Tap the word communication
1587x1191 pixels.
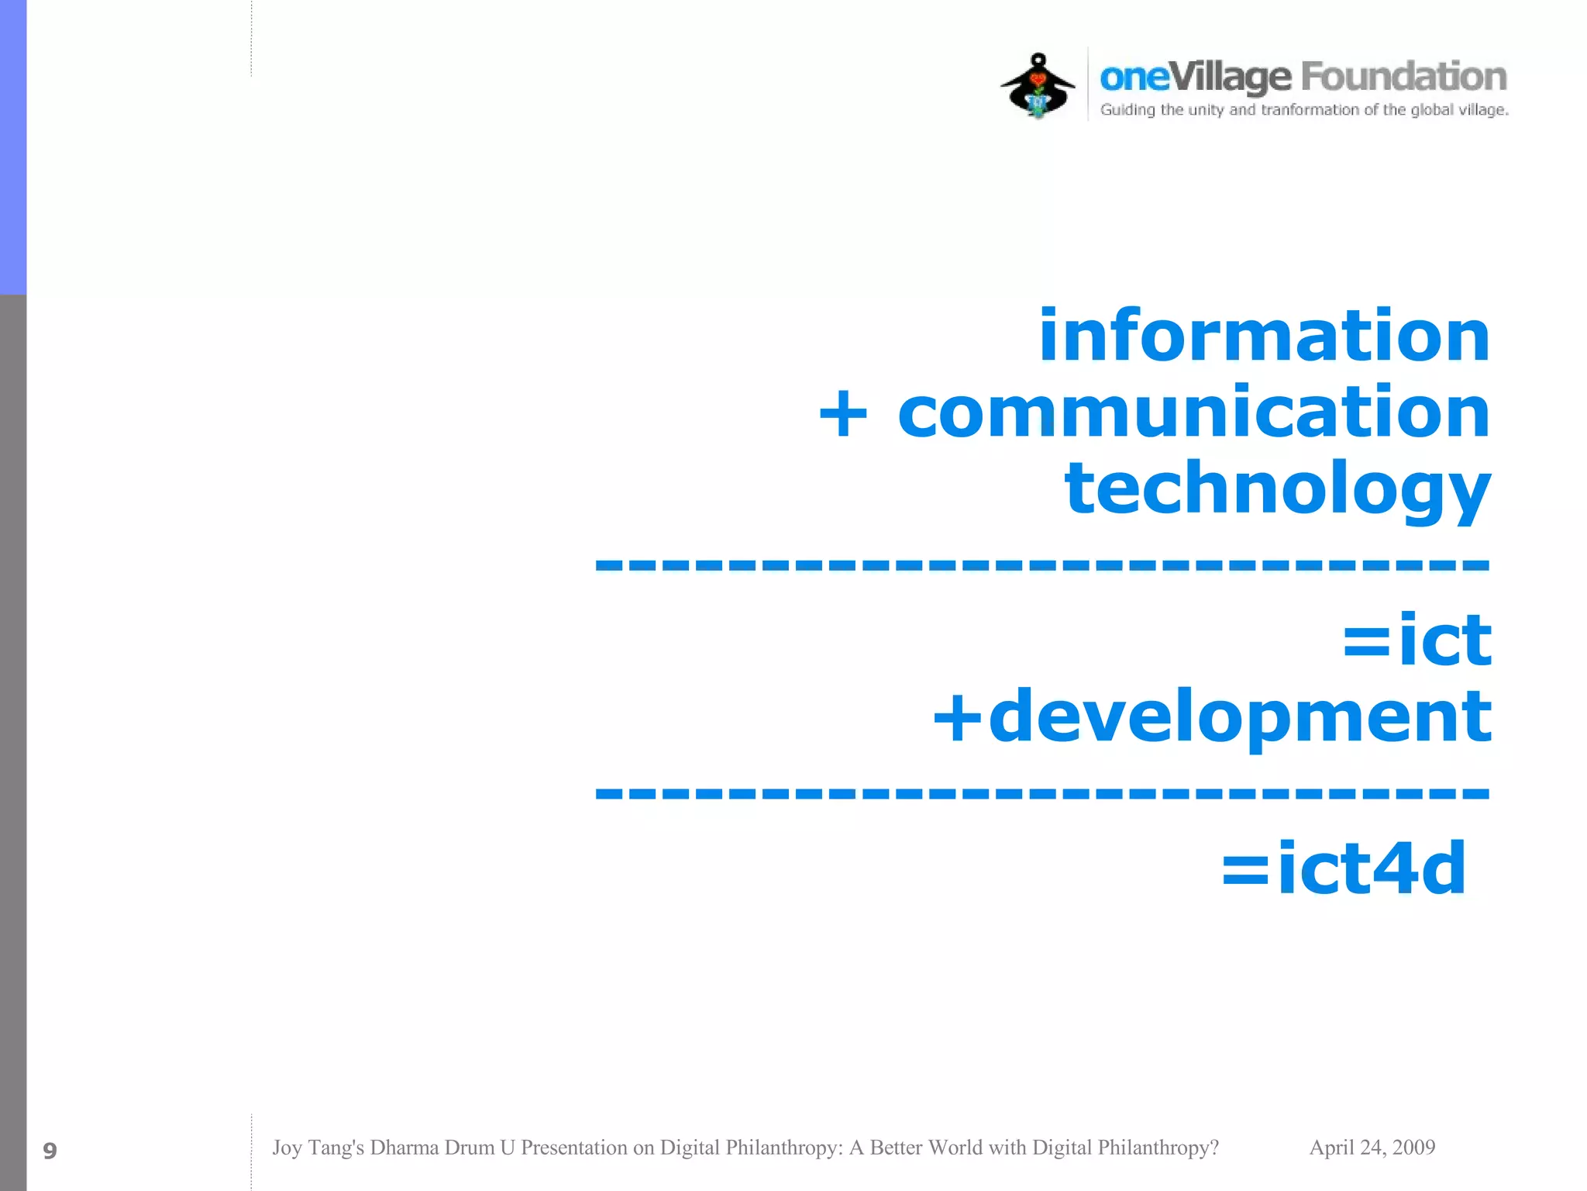[1193, 413]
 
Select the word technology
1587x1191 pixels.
[1277, 488]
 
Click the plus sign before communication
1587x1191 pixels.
[843, 414]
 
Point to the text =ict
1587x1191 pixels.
[1417, 640]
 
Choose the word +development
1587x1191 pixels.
[1212, 716]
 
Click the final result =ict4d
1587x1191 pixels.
[1344, 868]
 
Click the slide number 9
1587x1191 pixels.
[50, 1151]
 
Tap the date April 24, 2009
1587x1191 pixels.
[1372, 1148]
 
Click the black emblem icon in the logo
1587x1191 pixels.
[1038, 85]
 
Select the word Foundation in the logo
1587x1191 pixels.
[1403, 77]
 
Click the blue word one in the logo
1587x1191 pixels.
[1134, 78]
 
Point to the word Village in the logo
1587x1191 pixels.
[1230, 78]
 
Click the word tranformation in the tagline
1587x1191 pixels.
[1310, 110]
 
